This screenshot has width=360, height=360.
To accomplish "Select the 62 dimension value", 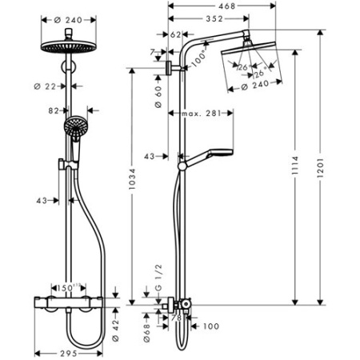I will coord(177,34).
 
